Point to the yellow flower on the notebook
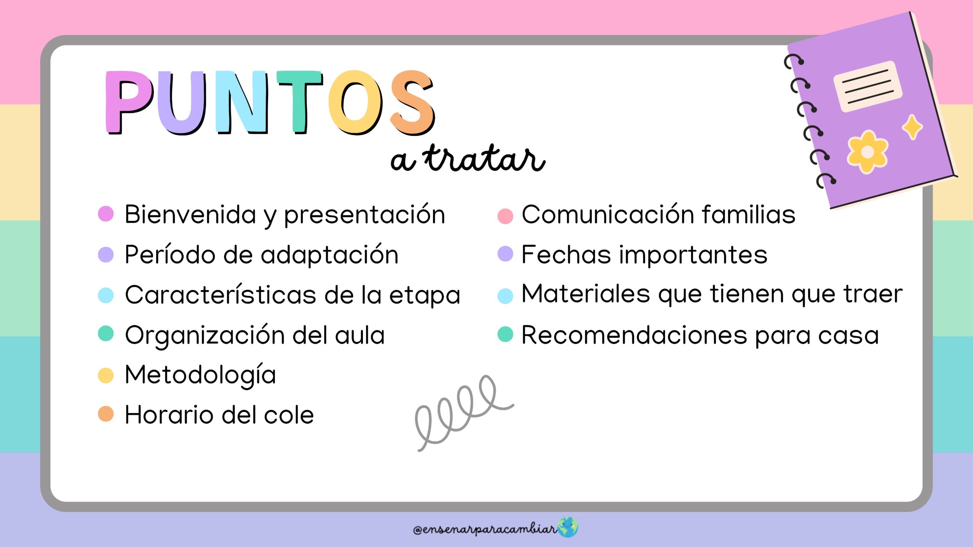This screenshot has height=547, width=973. [x=867, y=152]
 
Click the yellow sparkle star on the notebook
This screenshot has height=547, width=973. [x=912, y=127]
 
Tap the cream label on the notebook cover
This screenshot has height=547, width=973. [x=868, y=87]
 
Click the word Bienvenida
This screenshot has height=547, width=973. [x=190, y=214]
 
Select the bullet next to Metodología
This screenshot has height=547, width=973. [x=106, y=375]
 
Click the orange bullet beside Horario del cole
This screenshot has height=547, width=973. [x=106, y=414]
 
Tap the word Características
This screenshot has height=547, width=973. [x=220, y=295]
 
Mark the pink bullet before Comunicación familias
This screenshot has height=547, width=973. [x=506, y=216]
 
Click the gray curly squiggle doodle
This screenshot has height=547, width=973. [x=464, y=413]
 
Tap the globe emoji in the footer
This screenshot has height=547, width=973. [x=567, y=528]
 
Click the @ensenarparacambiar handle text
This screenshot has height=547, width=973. [x=485, y=529]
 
